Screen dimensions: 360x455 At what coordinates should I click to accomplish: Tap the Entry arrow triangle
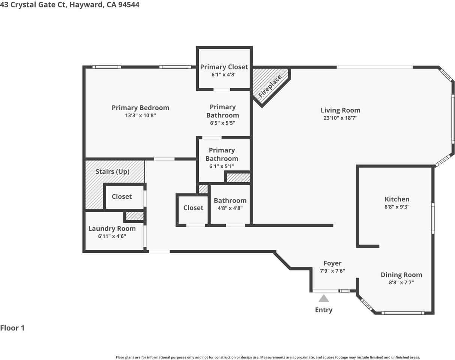pos(324,298)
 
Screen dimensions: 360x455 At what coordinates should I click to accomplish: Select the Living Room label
pos(340,110)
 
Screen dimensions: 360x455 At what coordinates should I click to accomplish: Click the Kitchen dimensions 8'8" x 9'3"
pos(397,207)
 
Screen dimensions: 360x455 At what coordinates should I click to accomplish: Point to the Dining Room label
pos(401,275)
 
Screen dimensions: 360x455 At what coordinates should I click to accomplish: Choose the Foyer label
pos(332,263)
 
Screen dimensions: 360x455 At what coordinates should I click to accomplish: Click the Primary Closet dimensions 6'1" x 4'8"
pos(224,75)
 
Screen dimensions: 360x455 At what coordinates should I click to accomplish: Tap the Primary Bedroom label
pos(140,108)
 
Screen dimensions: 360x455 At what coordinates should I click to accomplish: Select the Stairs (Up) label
pos(112,172)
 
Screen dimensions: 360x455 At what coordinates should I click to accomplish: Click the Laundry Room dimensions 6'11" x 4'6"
pos(112,236)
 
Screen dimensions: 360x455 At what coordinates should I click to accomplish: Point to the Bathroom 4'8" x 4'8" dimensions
pos(230,208)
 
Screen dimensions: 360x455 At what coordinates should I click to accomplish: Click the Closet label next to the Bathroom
pos(193,208)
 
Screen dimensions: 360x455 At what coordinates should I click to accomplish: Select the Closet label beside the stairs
pos(122,196)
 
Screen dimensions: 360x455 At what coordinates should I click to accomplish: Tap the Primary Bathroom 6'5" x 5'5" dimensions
pos(222,123)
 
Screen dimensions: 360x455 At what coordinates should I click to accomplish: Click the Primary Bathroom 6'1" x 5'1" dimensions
pos(222,166)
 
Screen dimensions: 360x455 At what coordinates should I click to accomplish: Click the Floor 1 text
pos(12,328)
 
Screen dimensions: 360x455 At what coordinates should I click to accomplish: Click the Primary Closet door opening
pos(222,90)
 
